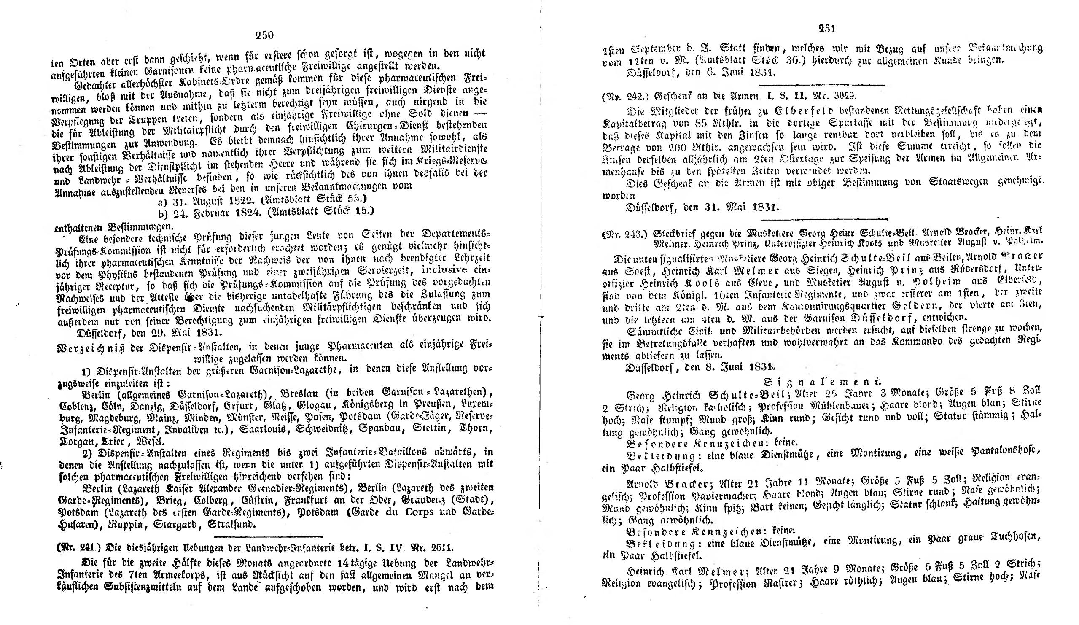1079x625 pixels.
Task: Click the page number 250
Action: [264, 35]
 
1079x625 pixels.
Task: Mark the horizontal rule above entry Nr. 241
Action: [268, 536]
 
